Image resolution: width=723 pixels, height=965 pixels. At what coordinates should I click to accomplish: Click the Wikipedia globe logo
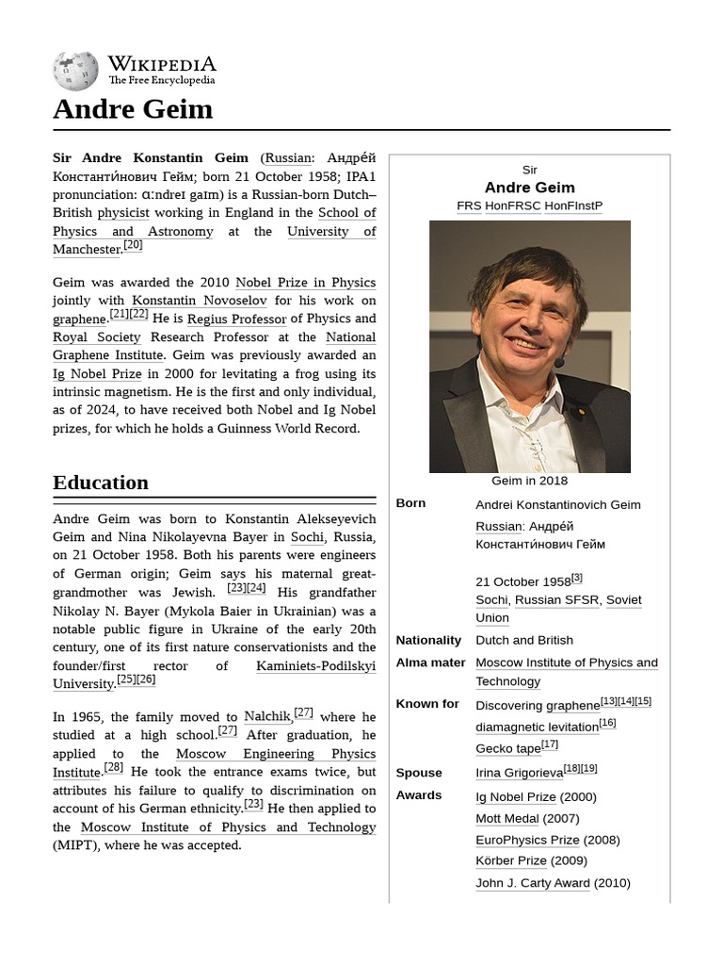(x=75, y=71)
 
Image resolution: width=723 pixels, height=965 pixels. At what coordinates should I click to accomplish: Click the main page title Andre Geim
(x=133, y=109)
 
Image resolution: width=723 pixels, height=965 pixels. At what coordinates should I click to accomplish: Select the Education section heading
(x=101, y=482)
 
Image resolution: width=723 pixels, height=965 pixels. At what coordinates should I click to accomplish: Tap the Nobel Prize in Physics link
(x=305, y=283)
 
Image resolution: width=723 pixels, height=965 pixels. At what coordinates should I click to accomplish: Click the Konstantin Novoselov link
(x=199, y=301)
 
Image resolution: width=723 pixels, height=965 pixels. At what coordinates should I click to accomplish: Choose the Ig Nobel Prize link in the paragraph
(x=97, y=374)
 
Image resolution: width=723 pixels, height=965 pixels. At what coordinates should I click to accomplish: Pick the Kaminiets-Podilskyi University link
(x=214, y=675)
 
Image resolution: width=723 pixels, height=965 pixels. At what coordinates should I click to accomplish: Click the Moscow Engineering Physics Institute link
(x=214, y=762)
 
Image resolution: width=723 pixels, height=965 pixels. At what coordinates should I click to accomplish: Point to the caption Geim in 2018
(x=529, y=482)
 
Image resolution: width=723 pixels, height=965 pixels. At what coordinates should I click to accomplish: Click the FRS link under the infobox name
(x=469, y=205)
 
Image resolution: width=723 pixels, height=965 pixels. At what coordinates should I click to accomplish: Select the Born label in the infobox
(x=410, y=503)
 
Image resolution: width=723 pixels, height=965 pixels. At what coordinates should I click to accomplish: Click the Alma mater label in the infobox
(x=430, y=662)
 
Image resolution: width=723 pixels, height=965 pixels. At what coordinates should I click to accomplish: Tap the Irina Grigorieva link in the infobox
(x=518, y=773)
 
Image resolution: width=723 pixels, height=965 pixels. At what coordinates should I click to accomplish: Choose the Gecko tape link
(x=507, y=748)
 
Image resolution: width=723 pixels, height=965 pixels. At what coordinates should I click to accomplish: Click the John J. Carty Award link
(x=532, y=883)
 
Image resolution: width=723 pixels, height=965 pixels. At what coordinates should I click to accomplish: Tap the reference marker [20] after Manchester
(x=133, y=245)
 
